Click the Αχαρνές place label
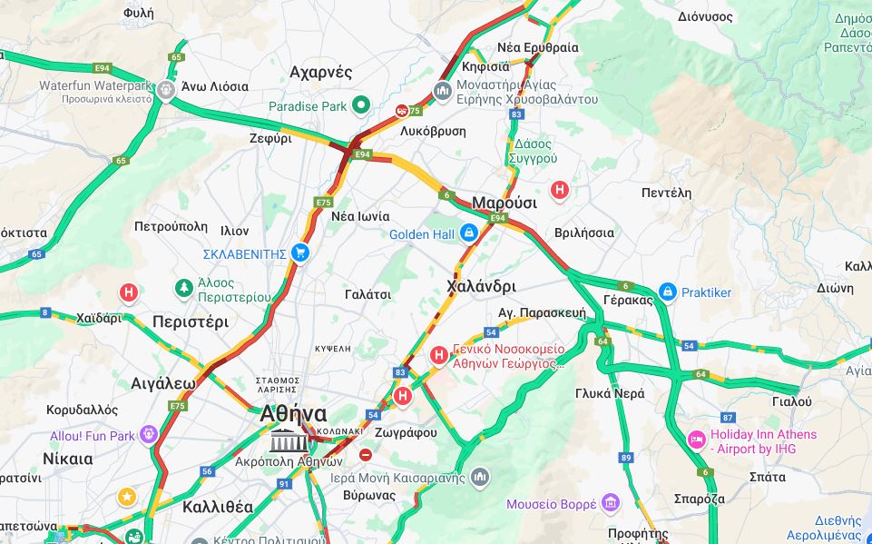tap(320, 72)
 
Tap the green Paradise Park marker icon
tap(361, 106)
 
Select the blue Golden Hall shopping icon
tap(468, 233)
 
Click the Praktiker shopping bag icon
tap(668, 292)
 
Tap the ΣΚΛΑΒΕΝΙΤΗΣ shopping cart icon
tap(300, 253)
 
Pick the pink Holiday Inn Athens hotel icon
tap(696, 440)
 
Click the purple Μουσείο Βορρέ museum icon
tap(611, 503)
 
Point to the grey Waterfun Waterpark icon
tap(165, 90)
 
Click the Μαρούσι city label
tap(504, 203)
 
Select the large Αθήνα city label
tap(293, 413)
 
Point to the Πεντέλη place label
tap(666, 193)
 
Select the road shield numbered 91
tap(284, 484)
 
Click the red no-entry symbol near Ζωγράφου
tap(366, 454)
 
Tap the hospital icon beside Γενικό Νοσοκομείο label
tap(438, 353)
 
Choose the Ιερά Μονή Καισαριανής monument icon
tap(480, 477)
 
